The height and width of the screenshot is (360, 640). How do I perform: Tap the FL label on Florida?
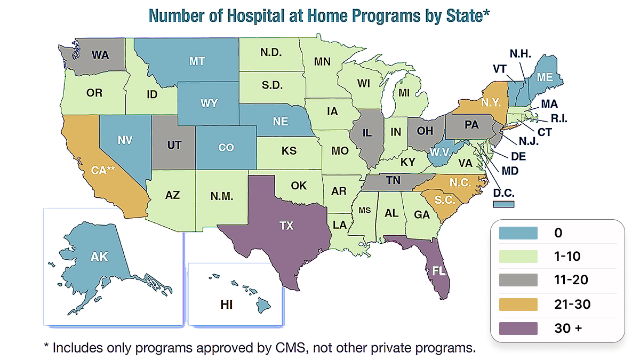[438, 271]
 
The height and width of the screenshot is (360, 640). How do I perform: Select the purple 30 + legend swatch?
[518, 327]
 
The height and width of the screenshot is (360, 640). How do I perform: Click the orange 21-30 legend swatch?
[518, 303]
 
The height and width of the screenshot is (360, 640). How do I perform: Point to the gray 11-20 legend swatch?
[518, 280]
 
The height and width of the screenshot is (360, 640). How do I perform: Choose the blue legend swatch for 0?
[518, 233]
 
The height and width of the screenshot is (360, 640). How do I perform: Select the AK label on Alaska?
[99, 257]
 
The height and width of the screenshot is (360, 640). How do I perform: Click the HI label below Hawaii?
[227, 305]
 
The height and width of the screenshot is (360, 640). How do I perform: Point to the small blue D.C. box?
[503, 204]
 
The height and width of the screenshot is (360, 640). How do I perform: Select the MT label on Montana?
[197, 61]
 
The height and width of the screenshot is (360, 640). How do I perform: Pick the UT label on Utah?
[174, 145]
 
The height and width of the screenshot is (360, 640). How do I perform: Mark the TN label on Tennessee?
[393, 181]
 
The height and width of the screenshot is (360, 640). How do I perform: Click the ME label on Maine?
[545, 77]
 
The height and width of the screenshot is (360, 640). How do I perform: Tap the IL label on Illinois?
[366, 133]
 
